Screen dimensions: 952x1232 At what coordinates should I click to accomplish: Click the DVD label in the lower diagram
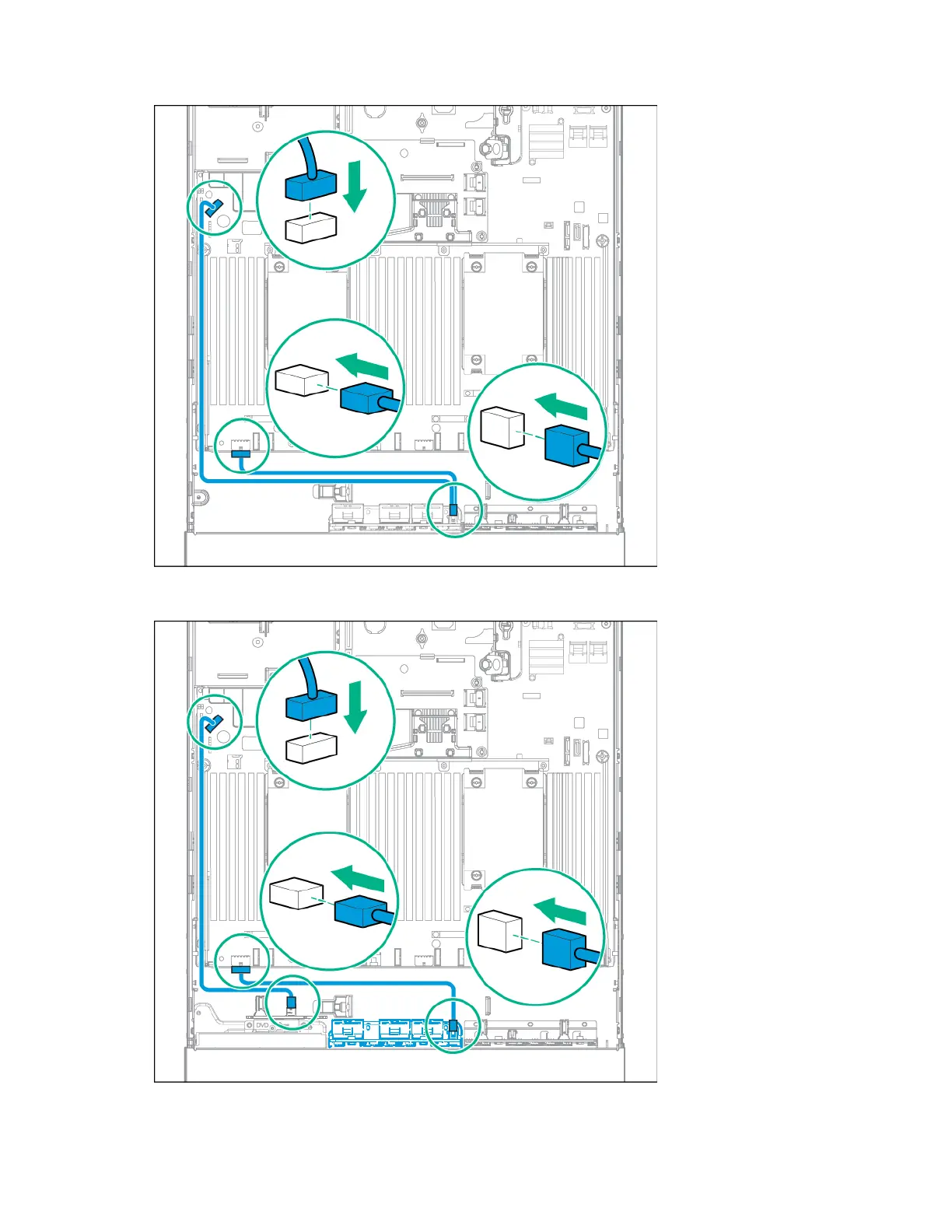point(262,1026)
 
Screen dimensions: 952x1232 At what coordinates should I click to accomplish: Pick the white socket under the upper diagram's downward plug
point(311,229)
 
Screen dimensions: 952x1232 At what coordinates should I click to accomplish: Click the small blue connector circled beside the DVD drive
point(292,1003)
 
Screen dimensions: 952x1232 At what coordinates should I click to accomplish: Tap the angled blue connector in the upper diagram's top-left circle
point(210,208)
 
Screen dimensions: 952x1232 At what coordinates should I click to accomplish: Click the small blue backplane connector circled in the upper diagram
point(454,511)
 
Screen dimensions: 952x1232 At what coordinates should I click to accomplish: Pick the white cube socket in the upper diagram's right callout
point(502,428)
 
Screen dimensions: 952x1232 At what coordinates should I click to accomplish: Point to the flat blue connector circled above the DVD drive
point(240,968)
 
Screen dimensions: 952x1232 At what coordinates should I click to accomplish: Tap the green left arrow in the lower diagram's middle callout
point(359,878)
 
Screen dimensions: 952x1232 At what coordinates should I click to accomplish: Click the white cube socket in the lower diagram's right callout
point(499,931)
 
